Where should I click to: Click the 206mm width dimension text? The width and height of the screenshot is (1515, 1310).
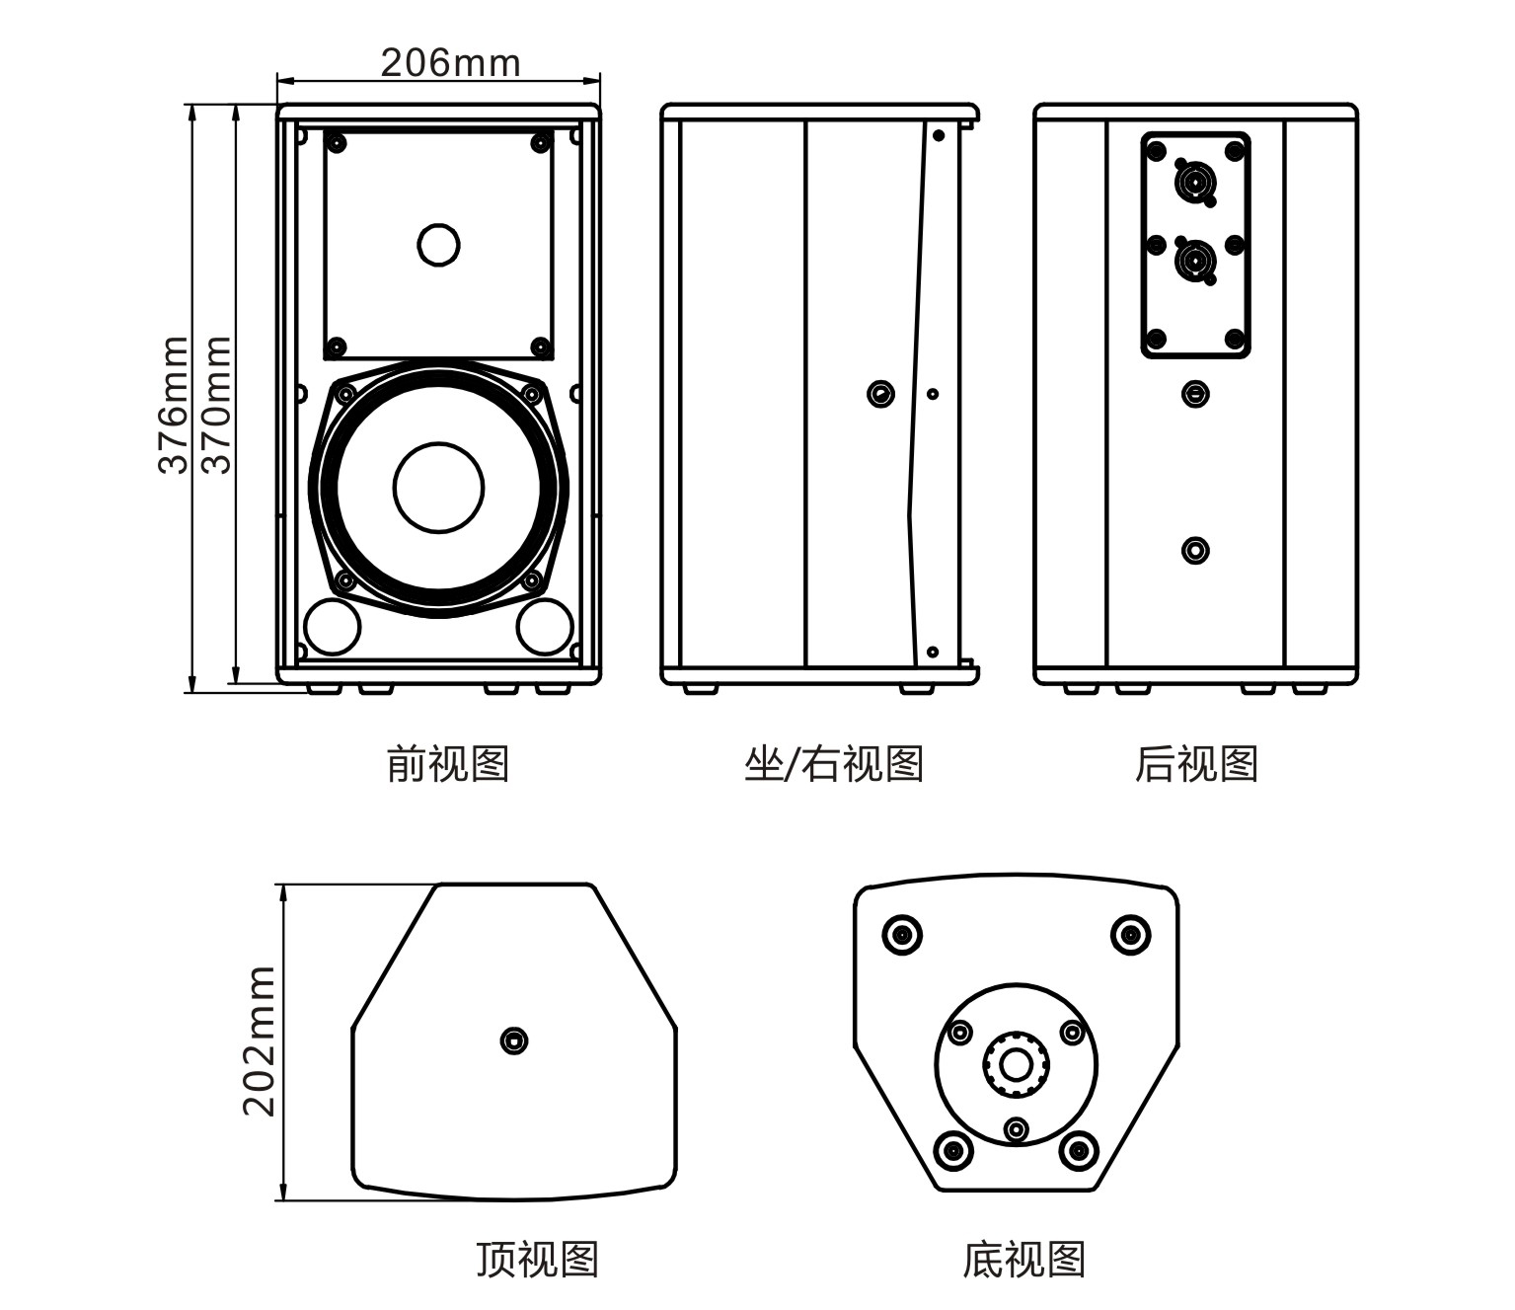click(450, 63)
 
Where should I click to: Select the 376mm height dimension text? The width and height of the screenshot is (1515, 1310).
click(174, 405)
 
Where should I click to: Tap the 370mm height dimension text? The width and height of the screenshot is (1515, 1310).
click(216, 405)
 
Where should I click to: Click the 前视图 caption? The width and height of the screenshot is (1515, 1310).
click(447, 763)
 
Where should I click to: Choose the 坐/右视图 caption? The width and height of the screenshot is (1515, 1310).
click(833, 763)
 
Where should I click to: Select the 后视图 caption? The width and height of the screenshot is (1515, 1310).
click(1195, 763)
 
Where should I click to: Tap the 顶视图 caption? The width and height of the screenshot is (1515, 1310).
click(537, 1259)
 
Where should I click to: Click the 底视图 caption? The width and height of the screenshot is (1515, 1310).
click(1023, 1259)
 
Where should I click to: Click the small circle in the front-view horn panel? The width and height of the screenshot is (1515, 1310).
click(438, 244)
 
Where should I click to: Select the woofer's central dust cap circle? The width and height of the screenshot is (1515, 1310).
click(438, 487)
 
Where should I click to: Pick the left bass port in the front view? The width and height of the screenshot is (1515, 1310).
click(332, 626)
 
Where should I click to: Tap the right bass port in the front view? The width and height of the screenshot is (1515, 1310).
click(545, 626)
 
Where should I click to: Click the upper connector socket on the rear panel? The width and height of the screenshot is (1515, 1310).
click(1195, 185)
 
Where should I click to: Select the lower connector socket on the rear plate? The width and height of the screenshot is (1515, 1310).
click(1195, 262)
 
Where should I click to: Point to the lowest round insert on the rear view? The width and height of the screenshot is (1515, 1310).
click(1195, 550)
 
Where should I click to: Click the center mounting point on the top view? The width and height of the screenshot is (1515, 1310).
click(514, 1040)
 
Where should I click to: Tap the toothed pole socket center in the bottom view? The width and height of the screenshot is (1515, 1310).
click(1015, 1064)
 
